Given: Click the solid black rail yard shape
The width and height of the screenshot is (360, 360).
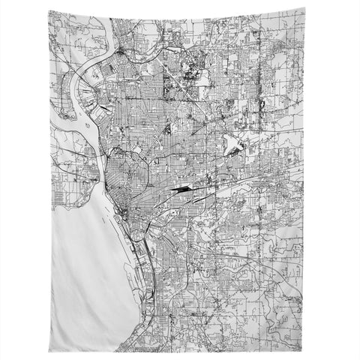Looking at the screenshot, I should tap(181, 190).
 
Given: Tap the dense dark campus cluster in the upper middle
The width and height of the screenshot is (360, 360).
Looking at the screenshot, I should tap(187, 75).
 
